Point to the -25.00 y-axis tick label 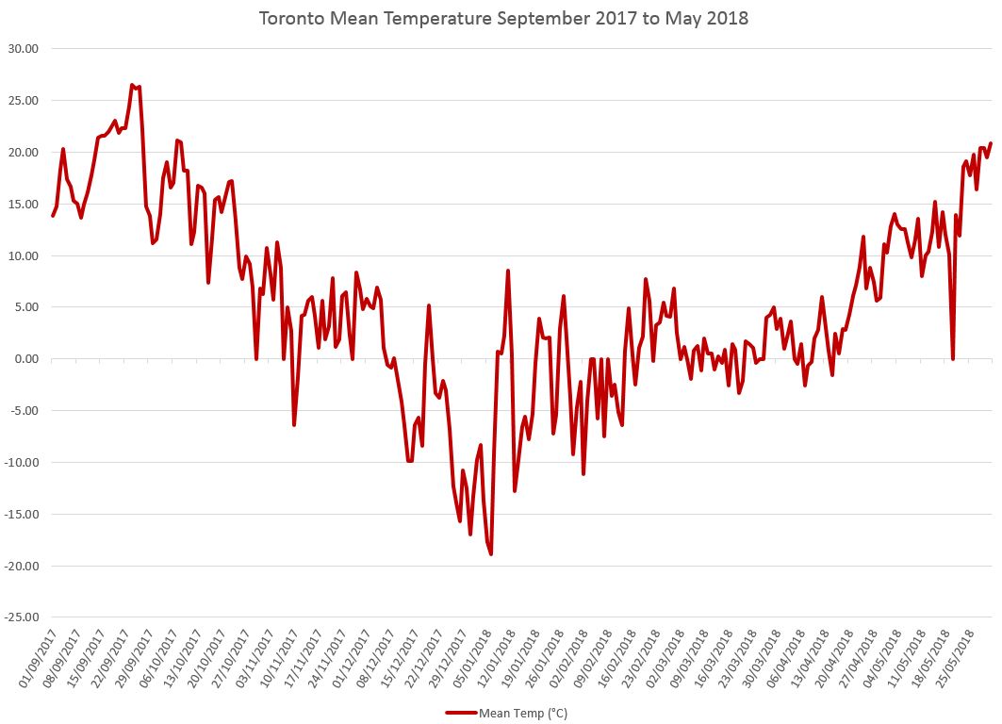tap(28, 617)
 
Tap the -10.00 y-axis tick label tap(28, 463)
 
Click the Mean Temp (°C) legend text tap(523, 714)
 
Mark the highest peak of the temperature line tap(133, 85)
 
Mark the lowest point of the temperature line tap(491, 553)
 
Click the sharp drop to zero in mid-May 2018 tap(953, 358)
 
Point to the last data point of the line tap(991, 143)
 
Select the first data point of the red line tap(53, 215)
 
